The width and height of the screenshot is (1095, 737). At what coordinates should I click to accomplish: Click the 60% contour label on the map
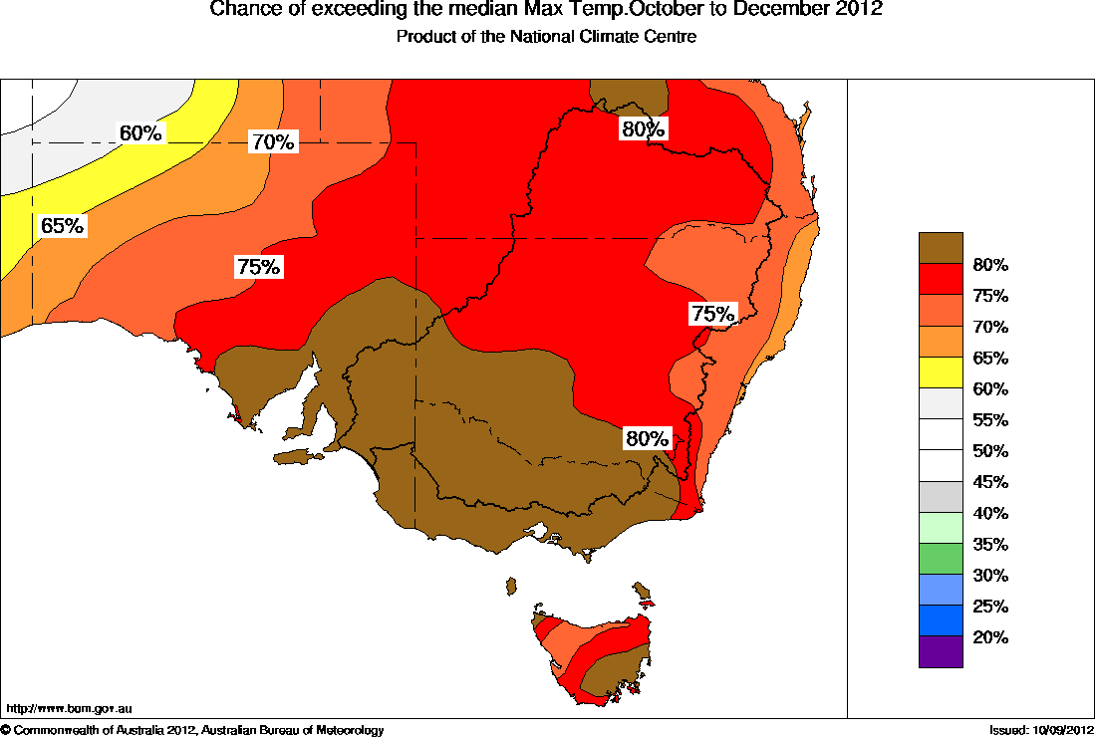pos(140,132)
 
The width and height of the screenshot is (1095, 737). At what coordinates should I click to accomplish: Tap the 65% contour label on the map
pos(62,226)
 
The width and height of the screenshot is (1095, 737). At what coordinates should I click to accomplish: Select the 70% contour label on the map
pos(272,142)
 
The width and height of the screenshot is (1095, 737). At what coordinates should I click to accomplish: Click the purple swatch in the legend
pos(941,651)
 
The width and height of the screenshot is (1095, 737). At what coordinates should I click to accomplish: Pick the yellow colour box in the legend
pos(941,372)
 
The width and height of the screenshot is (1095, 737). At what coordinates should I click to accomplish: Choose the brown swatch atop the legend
pos(941,248)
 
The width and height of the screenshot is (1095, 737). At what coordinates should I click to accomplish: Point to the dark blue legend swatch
pos(941,620)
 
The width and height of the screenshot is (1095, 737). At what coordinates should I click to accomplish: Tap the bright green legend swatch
pos(941,559)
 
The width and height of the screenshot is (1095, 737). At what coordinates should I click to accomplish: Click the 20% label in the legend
pos(991,637)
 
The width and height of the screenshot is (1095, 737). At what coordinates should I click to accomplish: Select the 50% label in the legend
pos(991,451)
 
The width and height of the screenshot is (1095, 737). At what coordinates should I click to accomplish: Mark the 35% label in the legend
pos(991,545)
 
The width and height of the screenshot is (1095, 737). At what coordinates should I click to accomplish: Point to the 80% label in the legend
pos(991,265)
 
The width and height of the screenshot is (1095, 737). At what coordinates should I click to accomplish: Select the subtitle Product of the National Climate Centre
pos(546,37)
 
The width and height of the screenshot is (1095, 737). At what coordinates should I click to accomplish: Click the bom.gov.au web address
pos(70,709)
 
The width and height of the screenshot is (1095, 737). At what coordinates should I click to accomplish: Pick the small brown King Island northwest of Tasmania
pos(511,586)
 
